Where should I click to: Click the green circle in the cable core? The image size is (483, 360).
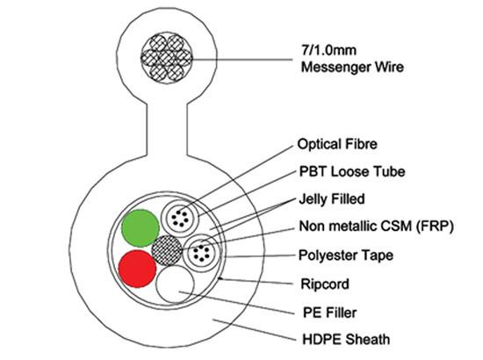pos(139,227)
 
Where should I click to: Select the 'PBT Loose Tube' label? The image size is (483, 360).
pos(342,171)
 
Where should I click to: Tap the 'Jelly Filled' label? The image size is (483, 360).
pos(330,199)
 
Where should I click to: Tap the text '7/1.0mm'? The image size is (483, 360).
pos(324,50)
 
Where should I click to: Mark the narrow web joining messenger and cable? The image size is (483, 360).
pos(167,127)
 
